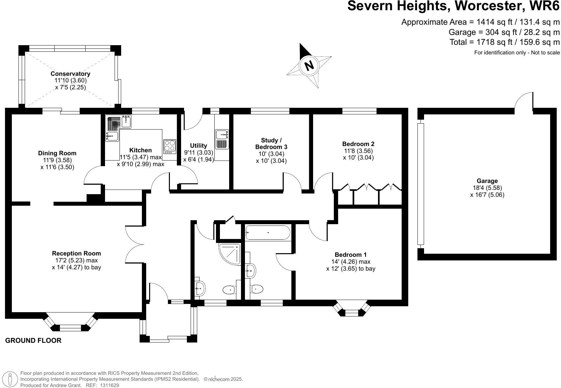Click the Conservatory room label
70,74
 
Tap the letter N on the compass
309,66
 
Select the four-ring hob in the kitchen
170,146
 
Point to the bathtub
268,232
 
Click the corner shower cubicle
230,254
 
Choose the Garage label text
487,181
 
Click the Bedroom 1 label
351,255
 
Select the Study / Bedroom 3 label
271,144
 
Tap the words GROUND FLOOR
33,341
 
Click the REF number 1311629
109,385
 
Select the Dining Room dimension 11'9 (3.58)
57,160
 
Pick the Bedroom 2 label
358,144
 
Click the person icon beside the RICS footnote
10,379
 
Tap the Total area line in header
504,42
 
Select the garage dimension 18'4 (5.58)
487,188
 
